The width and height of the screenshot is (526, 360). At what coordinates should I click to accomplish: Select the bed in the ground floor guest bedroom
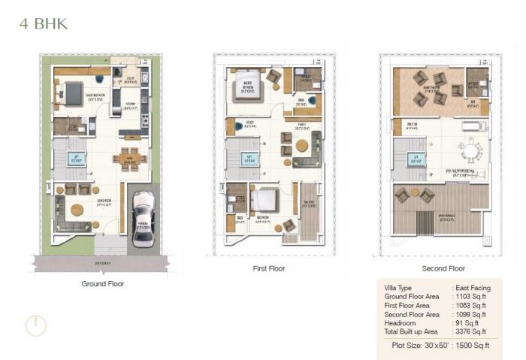[x=73, y=94]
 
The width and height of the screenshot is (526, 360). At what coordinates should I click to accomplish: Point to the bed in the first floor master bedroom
[x=249, y=83]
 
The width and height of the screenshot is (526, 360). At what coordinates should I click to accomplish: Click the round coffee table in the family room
[x=302, y=146]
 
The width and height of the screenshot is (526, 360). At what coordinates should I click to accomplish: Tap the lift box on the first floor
[x=249, y=159]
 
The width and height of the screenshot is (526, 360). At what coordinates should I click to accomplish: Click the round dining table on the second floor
[x=470, y=153]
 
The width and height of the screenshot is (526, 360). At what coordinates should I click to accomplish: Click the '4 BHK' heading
[x=44, y=24]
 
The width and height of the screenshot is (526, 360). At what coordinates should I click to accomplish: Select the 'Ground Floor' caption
[x=103, y=284]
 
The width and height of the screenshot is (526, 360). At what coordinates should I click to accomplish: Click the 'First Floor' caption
[x=268, y=268]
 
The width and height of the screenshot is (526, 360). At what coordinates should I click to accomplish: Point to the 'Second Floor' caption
[x=443, y=268]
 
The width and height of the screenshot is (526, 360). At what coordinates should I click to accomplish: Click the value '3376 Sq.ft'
[x=470, y=331]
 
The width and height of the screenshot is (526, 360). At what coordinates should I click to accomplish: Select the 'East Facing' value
[x=472, y=288]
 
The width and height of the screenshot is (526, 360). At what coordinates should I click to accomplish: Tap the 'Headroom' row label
[x=401, y=323]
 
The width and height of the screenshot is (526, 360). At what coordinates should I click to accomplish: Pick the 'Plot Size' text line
[x=440, y=346]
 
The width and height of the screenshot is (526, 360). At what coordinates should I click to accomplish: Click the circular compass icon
[x=35, y=325]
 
